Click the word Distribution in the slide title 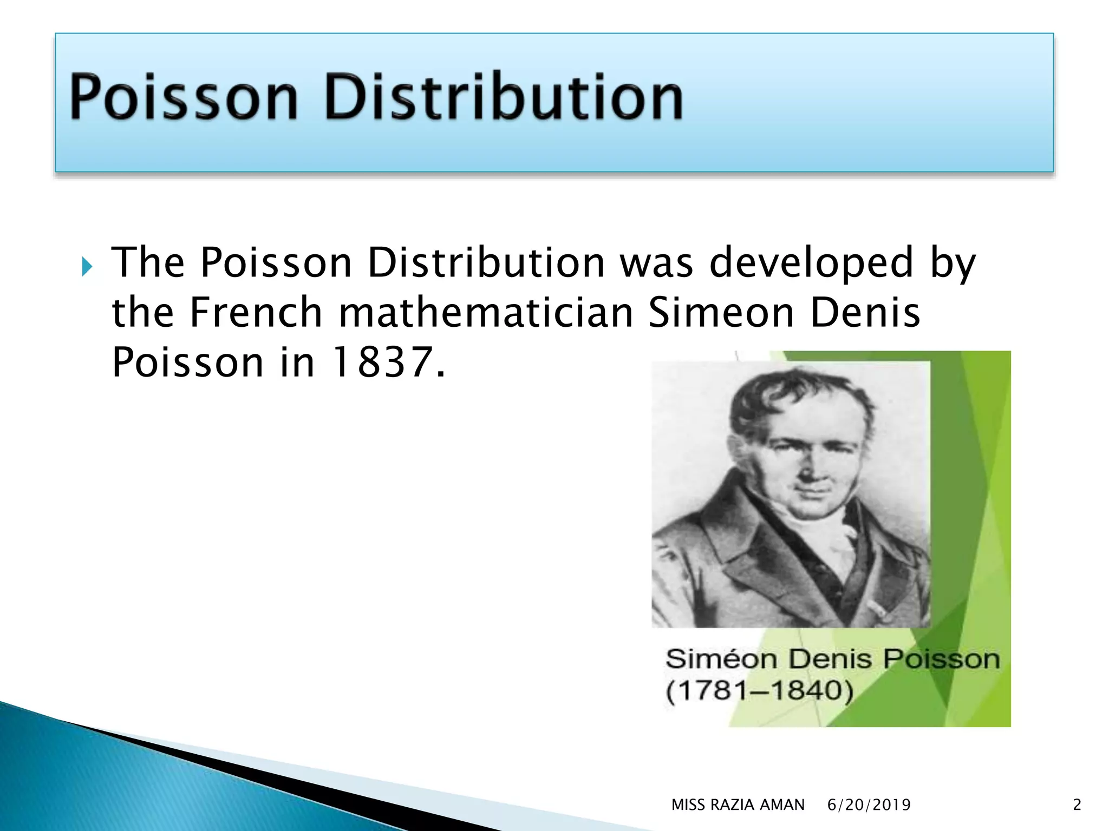504,97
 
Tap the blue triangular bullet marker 87,266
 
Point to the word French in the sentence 256,313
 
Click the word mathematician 486,313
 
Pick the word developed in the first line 811,263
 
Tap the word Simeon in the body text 721,313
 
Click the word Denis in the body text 865,313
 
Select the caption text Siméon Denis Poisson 832,659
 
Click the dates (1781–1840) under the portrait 759,691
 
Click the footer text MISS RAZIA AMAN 738,805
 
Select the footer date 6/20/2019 869,805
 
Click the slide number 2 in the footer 1077,805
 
